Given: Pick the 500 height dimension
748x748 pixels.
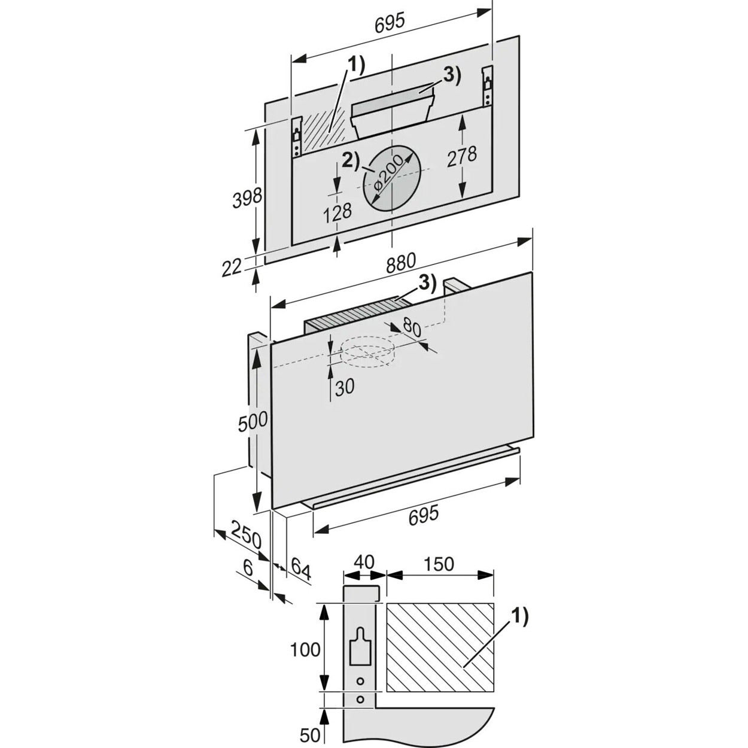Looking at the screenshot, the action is [x=253, y=422].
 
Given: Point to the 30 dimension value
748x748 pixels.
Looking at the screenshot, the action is [x=344, y=387].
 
